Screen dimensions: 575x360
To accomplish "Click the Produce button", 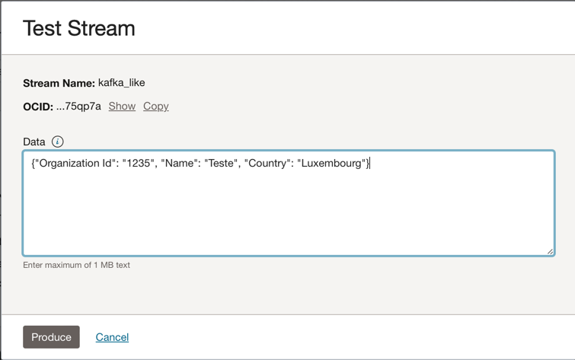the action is coord(51,337).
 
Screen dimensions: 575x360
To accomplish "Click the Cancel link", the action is coord(112,337).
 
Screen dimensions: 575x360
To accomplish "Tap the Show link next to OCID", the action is coord(122,106).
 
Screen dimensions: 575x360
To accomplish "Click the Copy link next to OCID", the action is coord(156,107).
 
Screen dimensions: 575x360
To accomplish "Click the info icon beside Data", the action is coord(57,142).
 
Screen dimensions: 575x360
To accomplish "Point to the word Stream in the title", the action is coord(101,28).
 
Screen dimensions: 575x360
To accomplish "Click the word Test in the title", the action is coord(42,28).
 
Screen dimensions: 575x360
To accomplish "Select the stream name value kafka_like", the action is coord(121,83).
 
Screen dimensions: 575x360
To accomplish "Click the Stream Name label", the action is coord(59,83).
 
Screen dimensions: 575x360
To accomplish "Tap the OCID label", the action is coord(38,107).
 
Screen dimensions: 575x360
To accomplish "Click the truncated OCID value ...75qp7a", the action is coord(78,107).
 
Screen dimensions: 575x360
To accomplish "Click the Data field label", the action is coord(34,142).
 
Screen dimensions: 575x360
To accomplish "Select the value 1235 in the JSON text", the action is coord(139,163).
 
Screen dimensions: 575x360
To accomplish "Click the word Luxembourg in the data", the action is coord(331,163).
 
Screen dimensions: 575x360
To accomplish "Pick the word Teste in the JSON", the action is coord(221,163).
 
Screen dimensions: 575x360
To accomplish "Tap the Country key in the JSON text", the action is coord(267,163).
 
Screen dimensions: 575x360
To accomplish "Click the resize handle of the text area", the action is coord(550,251).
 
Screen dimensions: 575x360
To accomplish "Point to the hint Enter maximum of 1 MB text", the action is coord(76,265).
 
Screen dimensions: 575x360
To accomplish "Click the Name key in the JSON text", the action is coord(179,163).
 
